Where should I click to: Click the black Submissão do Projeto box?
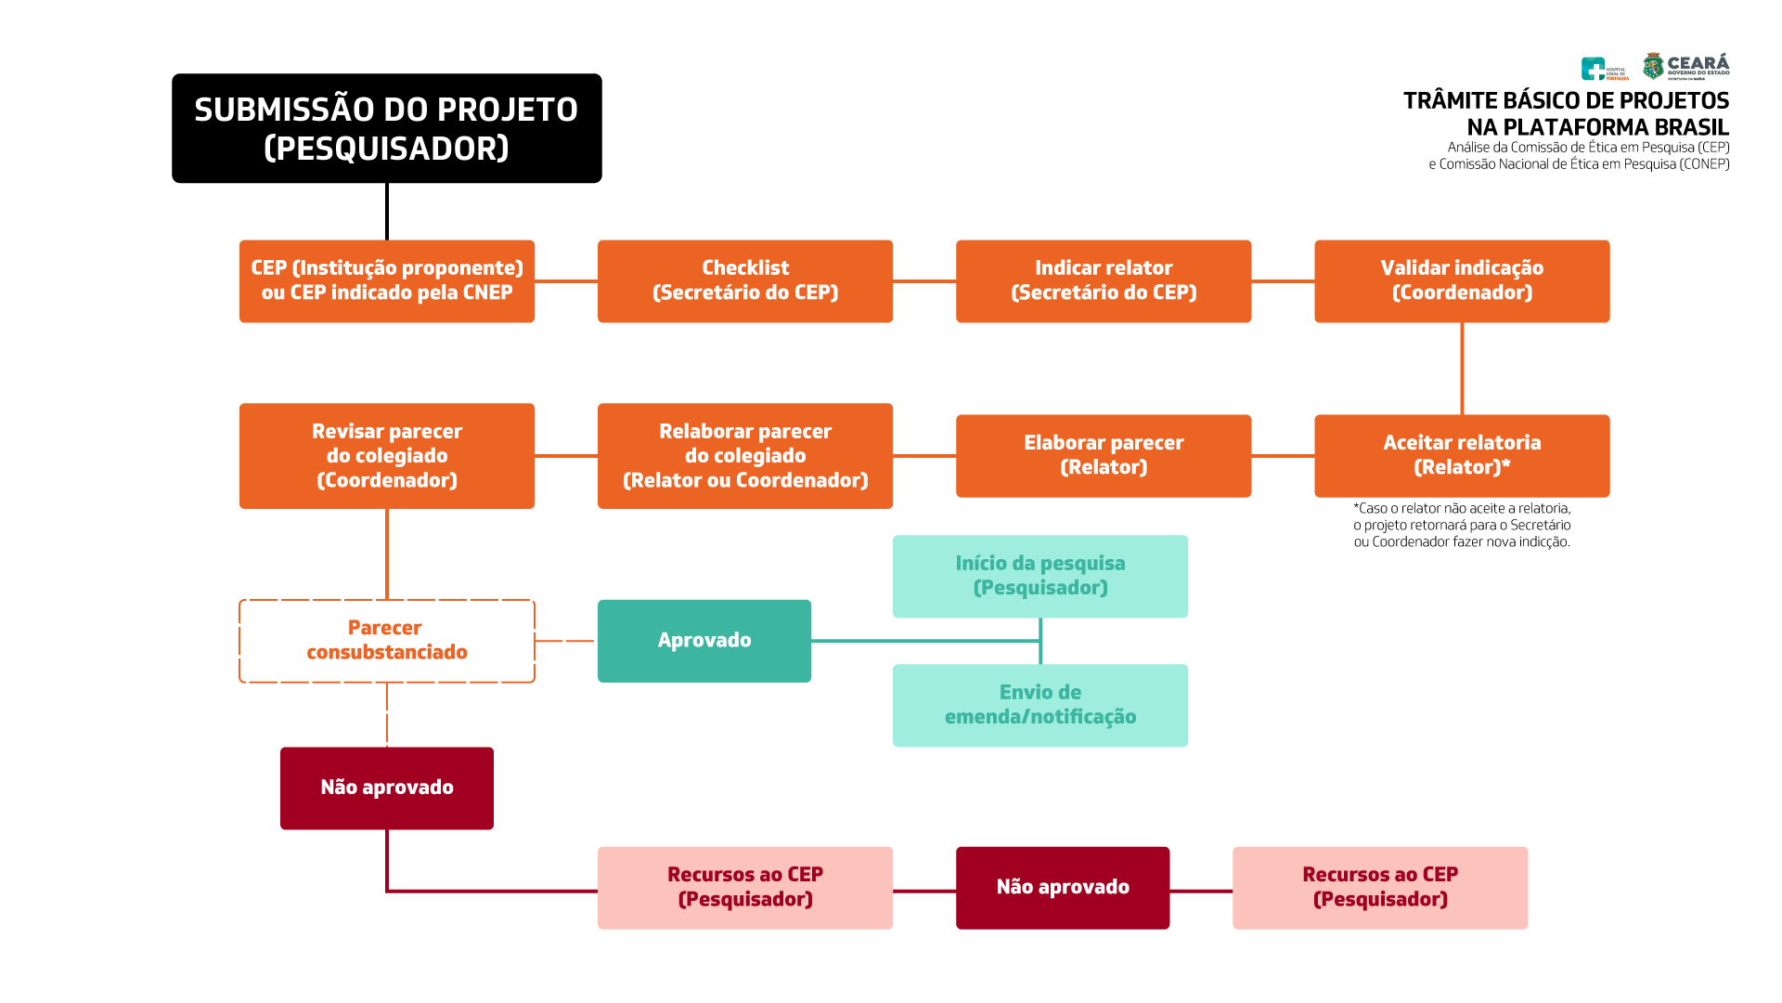pos(386,128)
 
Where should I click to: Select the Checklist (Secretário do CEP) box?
pos(744,280)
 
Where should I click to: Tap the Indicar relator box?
pos(1103,280)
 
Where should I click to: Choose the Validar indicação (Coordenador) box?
pos(1461,280)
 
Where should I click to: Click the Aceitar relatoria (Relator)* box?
pos(1461,455)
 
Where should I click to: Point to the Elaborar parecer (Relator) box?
pos(1103,455)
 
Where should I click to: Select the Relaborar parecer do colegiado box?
pos(744,455)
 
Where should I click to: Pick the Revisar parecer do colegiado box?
pos(386,455)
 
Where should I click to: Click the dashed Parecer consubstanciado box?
pos(386,641)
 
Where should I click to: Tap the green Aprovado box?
pos(704,641)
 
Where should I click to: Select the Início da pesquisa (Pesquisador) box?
pos(1039,576)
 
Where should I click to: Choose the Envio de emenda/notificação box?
pos(1039,705)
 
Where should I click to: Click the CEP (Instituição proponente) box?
pos(386,280)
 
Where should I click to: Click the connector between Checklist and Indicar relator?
pos(924,280)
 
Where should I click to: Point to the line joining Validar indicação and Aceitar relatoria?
pos(1462,369)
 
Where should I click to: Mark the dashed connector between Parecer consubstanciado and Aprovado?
pos(565,641)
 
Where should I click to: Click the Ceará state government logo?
pos(1685,66)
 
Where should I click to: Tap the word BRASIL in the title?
pos(1691,127)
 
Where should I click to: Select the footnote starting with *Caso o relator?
pos(1462,526)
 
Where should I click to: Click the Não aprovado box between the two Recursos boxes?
pos(1062,887)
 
